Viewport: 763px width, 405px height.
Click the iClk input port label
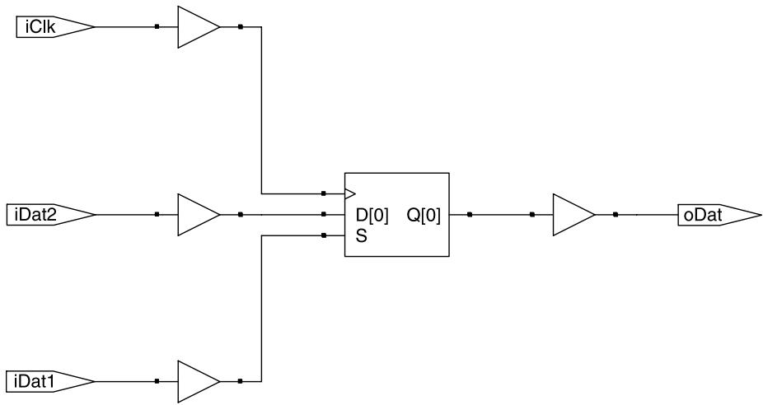(41, 27)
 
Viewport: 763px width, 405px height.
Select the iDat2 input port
(51, 215)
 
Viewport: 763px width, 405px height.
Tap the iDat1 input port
(51, 382)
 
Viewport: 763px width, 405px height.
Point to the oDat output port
(719, 215)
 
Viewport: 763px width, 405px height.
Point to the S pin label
(362, 238)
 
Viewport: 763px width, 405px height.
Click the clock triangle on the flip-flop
(350, 194)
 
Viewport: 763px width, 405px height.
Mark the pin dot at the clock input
(324, 194)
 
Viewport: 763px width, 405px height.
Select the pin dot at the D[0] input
(324, 214)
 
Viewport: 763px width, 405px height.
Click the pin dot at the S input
(324, 235)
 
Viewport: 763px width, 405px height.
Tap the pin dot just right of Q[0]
(470, 214)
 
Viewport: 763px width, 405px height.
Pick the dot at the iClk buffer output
(241, 27)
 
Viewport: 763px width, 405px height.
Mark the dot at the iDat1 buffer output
(241, 382)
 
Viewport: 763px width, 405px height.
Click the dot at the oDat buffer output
(616, 214)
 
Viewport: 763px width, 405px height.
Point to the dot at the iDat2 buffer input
(157, 214)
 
